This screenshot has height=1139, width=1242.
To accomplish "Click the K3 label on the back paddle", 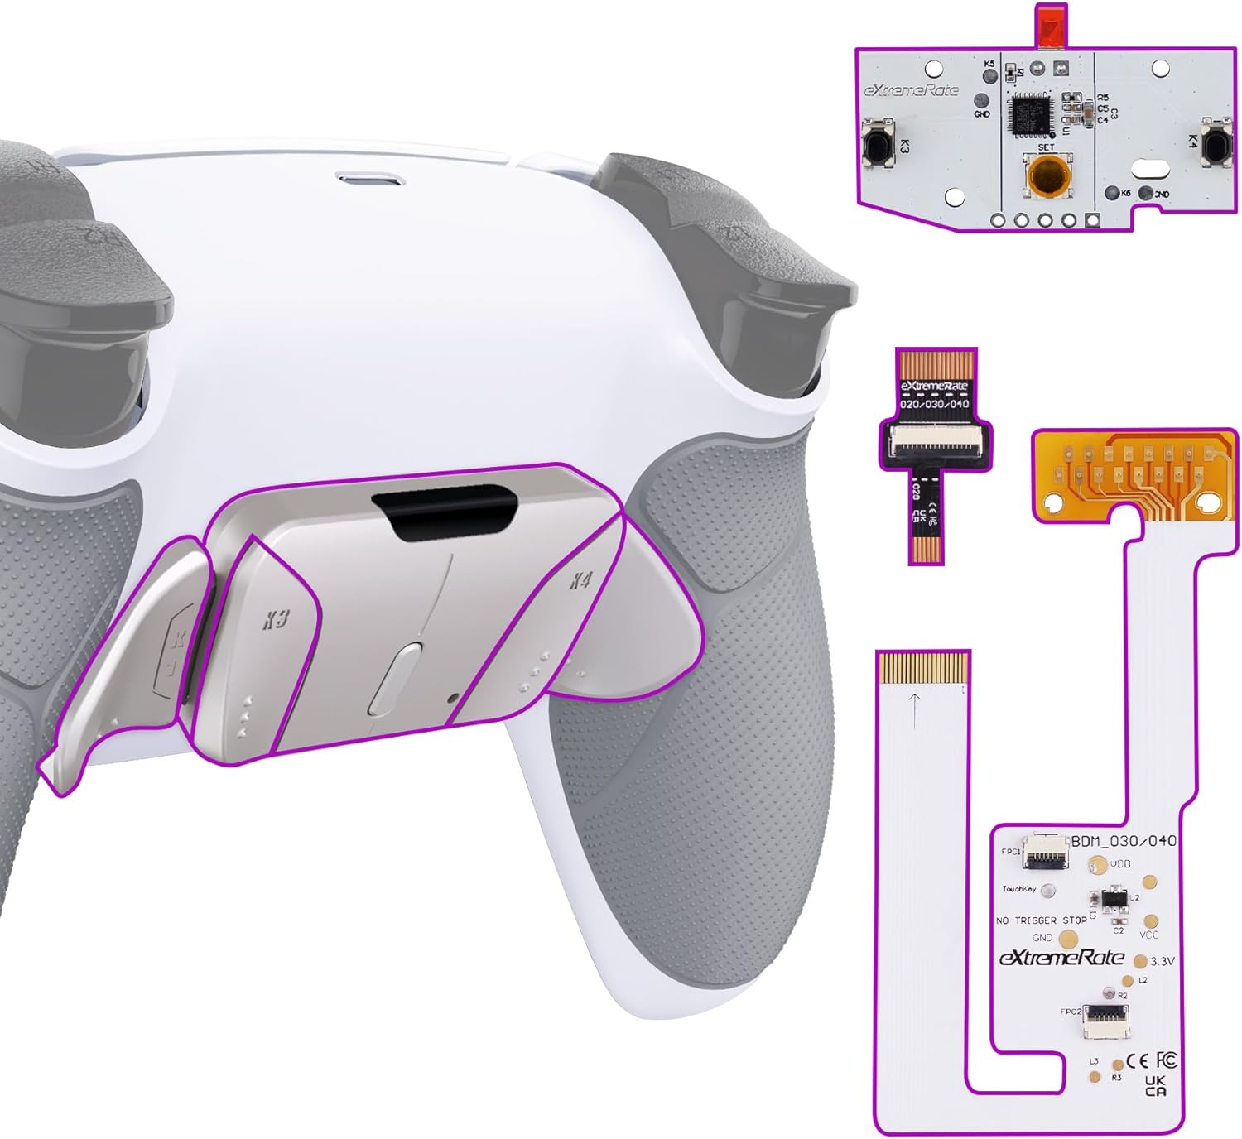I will (276, 618).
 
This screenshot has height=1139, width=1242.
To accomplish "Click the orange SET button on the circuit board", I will (1046, 175).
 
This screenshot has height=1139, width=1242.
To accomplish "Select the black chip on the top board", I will (1030, 113).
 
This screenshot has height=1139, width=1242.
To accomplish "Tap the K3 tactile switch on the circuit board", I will (877, 147).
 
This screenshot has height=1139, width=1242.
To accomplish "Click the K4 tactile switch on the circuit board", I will (1216, 147).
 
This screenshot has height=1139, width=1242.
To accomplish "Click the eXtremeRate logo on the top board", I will (911, 90).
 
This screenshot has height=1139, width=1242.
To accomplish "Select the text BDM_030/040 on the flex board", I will (1124, 841).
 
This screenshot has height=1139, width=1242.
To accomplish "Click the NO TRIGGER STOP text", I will (1041, 920).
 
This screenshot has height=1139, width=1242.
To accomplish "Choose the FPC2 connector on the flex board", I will (1106, 1021).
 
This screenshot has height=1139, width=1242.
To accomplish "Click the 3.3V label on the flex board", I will (1163, 962).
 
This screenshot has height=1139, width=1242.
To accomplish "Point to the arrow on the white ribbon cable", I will (914, 710).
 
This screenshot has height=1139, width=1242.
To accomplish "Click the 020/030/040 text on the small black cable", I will (934, 404).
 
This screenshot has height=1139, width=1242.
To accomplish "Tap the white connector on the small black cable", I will (935, 447).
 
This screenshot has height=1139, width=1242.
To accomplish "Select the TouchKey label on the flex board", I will (1018, 889).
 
